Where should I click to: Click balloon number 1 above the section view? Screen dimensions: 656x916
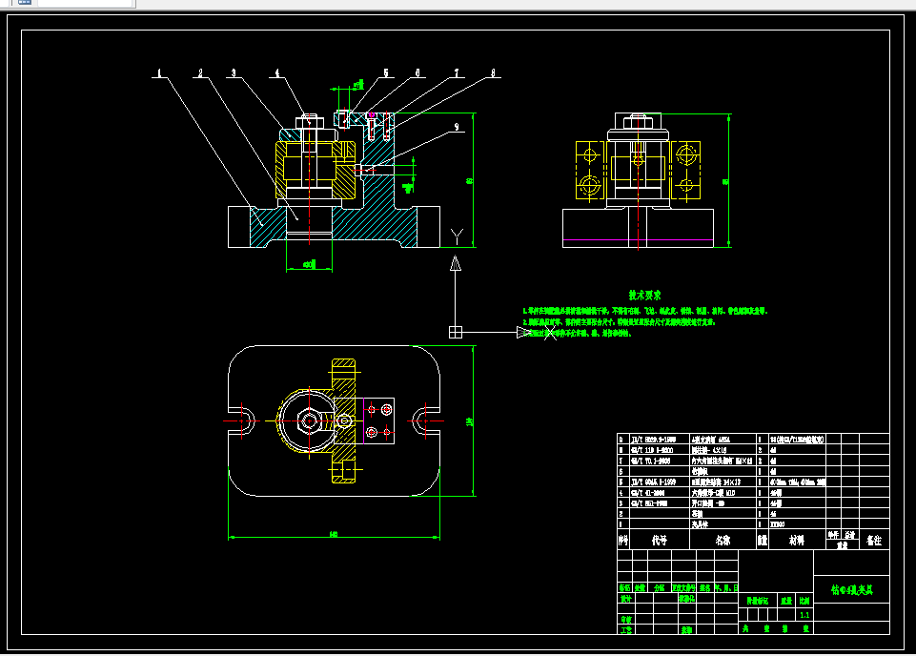[x=160, y=72]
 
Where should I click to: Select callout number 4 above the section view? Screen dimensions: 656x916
[x=277, y=72]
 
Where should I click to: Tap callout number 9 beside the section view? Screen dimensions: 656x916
[x=457, y=126]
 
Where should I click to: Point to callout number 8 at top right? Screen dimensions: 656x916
[x=493, y=72]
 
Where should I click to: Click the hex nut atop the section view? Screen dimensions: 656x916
[x=307, y=121]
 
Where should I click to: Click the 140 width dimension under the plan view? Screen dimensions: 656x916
[x=334, y=534]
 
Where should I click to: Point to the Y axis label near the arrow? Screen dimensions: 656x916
[x=458, y=235]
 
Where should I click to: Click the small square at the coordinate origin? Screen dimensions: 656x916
[x=457, y=332]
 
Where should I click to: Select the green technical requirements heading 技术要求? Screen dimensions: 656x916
[x=644, y=296]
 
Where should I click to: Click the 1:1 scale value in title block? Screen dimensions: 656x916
[x=804, y=614]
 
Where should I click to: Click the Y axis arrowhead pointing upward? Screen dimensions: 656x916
[x=457, y=262]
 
